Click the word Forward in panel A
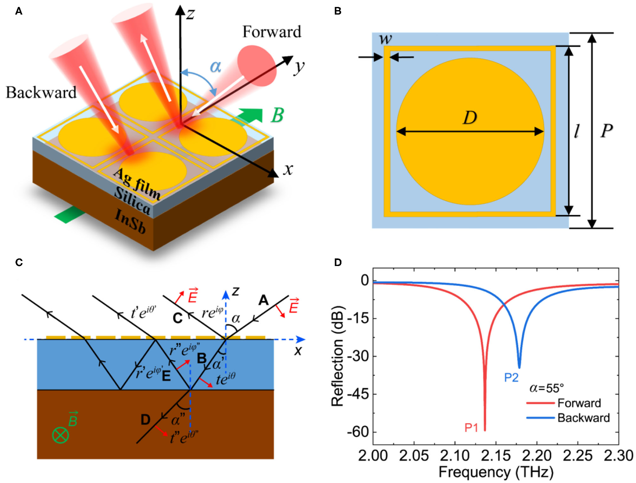[272, 32]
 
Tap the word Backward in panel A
[41, 93]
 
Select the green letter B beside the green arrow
[277, 115]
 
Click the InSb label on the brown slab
[130, 221]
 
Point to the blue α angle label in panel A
[216, 67]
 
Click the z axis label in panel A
[190, 14]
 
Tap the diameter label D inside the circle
[470, 118]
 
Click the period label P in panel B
[607, 131]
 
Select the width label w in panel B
[385, 39]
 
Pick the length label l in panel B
[577, 131]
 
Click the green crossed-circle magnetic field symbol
[60, 435]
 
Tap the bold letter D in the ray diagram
[145, 420]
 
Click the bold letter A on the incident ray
[263, 300]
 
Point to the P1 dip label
[471, 428]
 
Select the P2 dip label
[511, 377]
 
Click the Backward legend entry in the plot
[583, 418]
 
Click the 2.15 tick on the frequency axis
[496, 456]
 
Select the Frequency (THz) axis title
[496, 472]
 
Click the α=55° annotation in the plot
[547, 388]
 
